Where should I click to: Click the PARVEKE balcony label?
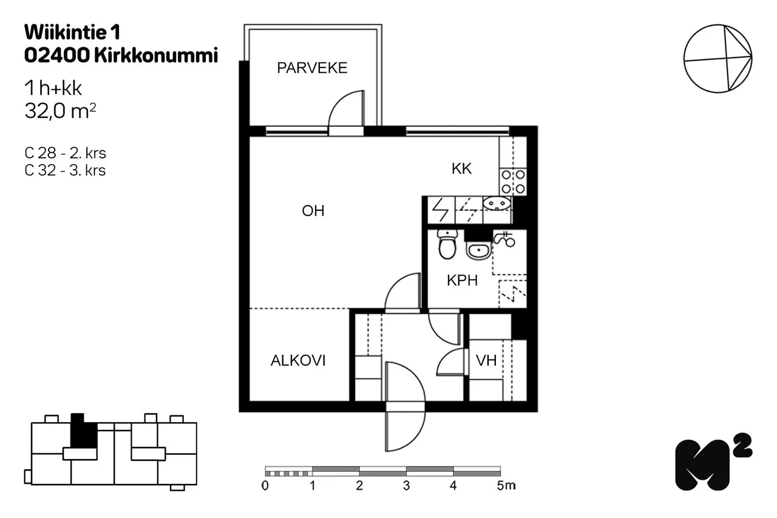pos(312,68)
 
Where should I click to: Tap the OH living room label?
pos(313,211)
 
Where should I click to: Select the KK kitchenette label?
pos(461,169)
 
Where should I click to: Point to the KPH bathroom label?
pos(462,281)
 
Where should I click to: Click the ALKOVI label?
pos(298,361)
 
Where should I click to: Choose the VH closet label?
pos(486,361)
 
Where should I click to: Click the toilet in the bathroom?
pos(447,244)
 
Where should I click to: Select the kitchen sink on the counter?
pos(497,203)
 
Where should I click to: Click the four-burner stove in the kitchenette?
pos(513,182)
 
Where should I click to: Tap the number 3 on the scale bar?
pos(406,486)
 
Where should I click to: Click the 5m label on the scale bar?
pos(506,486)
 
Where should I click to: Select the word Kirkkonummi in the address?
pos(156,55)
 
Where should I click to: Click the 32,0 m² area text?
pos(60,111)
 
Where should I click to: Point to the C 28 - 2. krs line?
pos(65,153)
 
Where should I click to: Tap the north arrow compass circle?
pos(718,59)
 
